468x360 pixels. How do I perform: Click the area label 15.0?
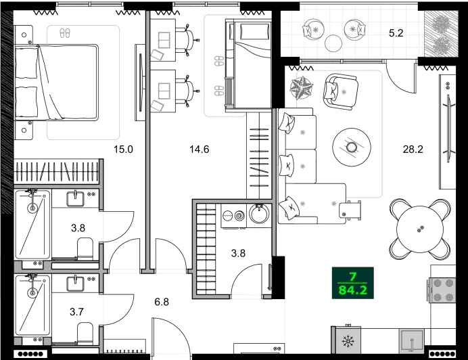(x=122, y=150)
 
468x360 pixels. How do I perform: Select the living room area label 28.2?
(x=412, y=150)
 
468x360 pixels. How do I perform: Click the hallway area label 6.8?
(x=161, y=302)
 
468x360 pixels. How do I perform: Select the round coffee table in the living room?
(x=351, y=145)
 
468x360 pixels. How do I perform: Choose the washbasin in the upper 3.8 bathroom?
(x=76, y=199)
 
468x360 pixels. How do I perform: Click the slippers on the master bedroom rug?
(x=65, y=32)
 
